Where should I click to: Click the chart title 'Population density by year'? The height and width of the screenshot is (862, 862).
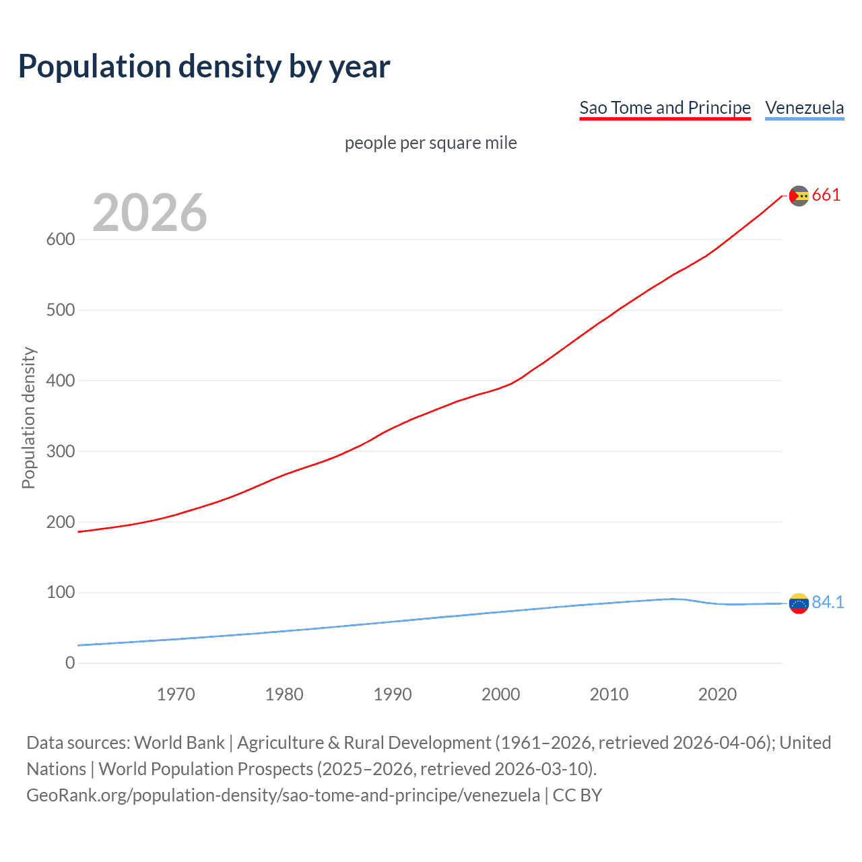pyautogui.click(x=204, y=66)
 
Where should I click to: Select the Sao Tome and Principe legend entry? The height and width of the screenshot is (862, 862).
pyautogui.click(x=665, y=108)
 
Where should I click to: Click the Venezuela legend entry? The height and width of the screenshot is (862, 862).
pyautogui.click(x=804, y=108)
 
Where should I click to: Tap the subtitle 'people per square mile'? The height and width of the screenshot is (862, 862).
pyautogui.click(x=430, y=143)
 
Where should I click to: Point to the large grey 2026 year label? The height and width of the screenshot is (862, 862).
pyautogui.click(x=150, y=213)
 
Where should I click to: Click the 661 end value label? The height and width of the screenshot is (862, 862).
pyautogui.click(x=826, y=195)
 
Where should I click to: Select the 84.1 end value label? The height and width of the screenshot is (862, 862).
pyautogui.click(x=828, y=602)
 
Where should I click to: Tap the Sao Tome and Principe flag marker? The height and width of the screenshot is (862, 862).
pyautogui.click(x=799, y=196)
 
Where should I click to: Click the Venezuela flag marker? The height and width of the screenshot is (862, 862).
pyautogui.click(x=799, y=603)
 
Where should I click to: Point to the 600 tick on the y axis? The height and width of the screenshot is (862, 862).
pyautogui.click(x=61, y=239)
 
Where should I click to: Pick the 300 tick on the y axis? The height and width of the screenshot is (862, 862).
pyautogui.click(x=61, y=451)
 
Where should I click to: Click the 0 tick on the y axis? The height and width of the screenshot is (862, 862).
pyautogui.click(x=70, y=663)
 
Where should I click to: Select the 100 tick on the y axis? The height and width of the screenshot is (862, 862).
pyautogui.click(x=61, y=593)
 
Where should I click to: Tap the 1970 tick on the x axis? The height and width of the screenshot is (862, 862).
pyautogui.click(x=176, y=694)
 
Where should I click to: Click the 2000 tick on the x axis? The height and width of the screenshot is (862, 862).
pyautogui.click(x=500, y=694)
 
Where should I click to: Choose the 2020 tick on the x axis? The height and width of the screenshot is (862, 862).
pyautogui.click(x=717, y=694)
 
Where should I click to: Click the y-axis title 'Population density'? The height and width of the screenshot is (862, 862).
pyautogui.click(x=28, y=418)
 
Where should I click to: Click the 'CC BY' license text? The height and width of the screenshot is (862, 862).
pyautogui.click(x=577, y=795)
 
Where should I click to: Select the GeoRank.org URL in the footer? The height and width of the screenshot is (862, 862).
pyautogui.click(x=283, y=795)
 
